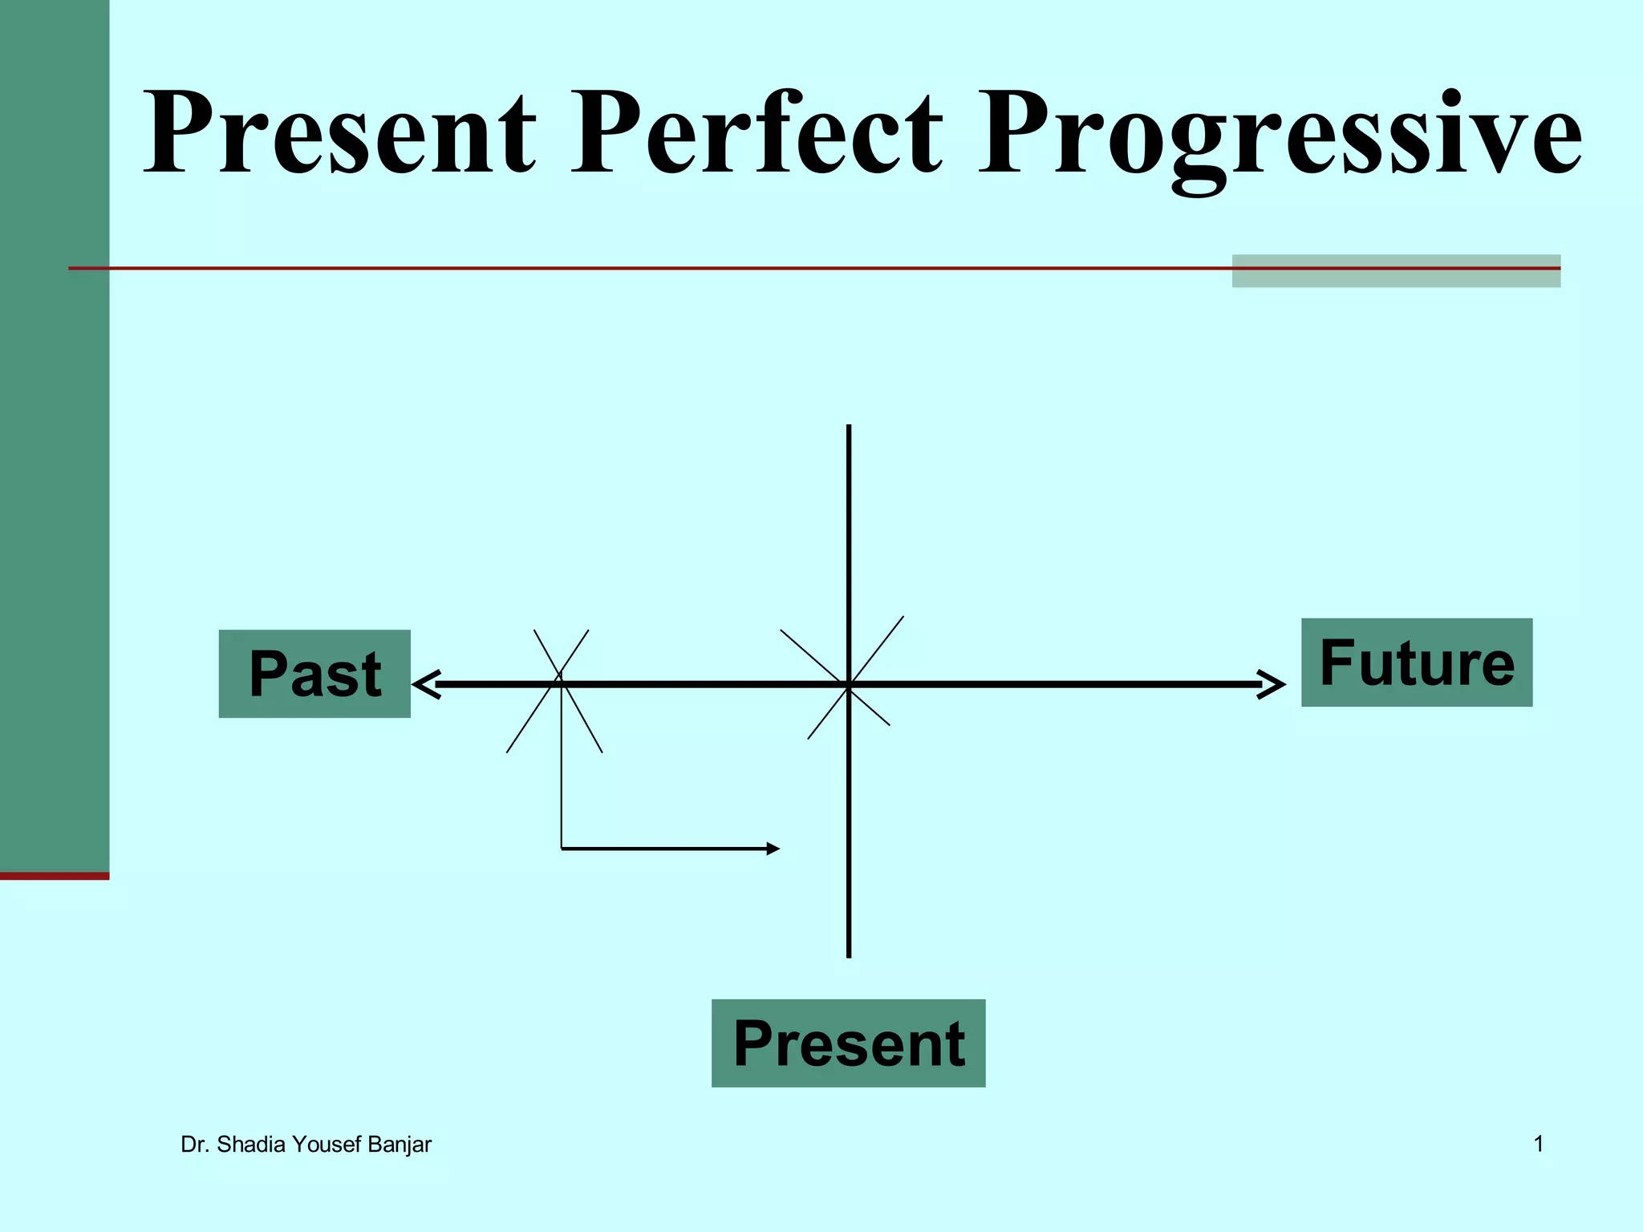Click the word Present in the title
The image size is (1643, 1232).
coord(339,134)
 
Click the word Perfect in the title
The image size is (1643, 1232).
coord(757,134)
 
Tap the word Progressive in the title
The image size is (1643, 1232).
coord(1280,136)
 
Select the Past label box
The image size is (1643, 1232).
coord(314,674)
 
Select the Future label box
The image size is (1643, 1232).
coord(1416,663)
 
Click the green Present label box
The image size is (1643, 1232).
coord(848,1043)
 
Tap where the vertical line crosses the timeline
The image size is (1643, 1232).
coord(849,684)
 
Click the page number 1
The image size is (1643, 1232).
coord(1539,1144)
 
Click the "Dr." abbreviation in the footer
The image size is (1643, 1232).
coord(195,1145)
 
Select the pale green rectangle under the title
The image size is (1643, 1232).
coord(1396,271)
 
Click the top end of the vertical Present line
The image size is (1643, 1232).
coord(849,428)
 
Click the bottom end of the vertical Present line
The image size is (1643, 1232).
coord(849,954)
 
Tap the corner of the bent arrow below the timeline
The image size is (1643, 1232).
coord(562,848)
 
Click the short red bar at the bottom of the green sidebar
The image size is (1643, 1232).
coord(55,876)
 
